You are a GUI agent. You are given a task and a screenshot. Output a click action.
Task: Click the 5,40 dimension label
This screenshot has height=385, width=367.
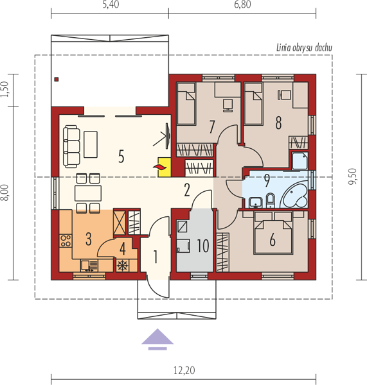[x=111, y=4]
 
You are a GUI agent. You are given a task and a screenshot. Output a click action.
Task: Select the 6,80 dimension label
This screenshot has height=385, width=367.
[x=242, y=4]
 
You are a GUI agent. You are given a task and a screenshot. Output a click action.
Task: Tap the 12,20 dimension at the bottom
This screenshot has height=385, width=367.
[x=184, y=370]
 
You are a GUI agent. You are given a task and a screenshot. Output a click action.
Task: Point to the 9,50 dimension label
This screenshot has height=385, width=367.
[x=353, y=176]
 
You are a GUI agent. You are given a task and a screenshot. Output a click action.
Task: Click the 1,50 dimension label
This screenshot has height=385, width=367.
[x=4, y=89]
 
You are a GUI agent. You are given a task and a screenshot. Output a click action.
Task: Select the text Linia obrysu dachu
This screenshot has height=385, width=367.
[x=304, y=48]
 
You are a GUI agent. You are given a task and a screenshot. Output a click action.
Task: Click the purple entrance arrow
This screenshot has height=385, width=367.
[x=157, y=339]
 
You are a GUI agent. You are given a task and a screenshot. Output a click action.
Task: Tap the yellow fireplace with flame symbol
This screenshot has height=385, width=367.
[x=164, y=167]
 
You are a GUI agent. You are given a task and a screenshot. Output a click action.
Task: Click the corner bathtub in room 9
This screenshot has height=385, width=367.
[x=294, y=196]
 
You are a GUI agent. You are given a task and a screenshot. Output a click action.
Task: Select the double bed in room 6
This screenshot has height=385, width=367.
[x=273, y=237]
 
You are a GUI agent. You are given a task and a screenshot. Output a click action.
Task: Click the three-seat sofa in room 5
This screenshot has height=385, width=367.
[x=71, y=146]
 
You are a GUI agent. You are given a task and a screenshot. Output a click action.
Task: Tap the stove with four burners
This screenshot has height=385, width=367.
[x=66, y=241]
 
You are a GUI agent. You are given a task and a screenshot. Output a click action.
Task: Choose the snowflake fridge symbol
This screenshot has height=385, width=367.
[x=123, y=266]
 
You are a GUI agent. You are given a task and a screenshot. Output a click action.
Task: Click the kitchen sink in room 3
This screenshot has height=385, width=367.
[x=89, y=266]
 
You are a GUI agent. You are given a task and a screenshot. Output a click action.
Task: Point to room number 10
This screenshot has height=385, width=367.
[x=203, y=246]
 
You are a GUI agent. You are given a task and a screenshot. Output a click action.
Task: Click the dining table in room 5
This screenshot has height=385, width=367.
[x=88, y=194]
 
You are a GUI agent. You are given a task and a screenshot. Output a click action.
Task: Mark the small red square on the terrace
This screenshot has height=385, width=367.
[x=57, y=80]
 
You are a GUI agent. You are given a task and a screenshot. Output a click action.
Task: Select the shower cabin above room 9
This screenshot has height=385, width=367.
[x=300, y=161]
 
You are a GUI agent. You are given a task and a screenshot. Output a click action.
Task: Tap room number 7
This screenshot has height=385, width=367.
[x=212, y=126]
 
